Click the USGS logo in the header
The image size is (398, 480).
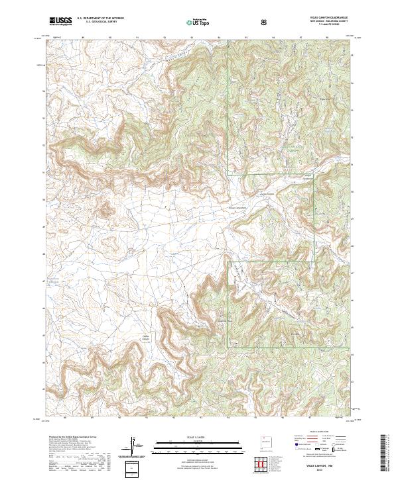[60, 22]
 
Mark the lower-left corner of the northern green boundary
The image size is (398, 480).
[228, 175]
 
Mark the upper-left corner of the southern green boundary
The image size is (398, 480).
[228, 262]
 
